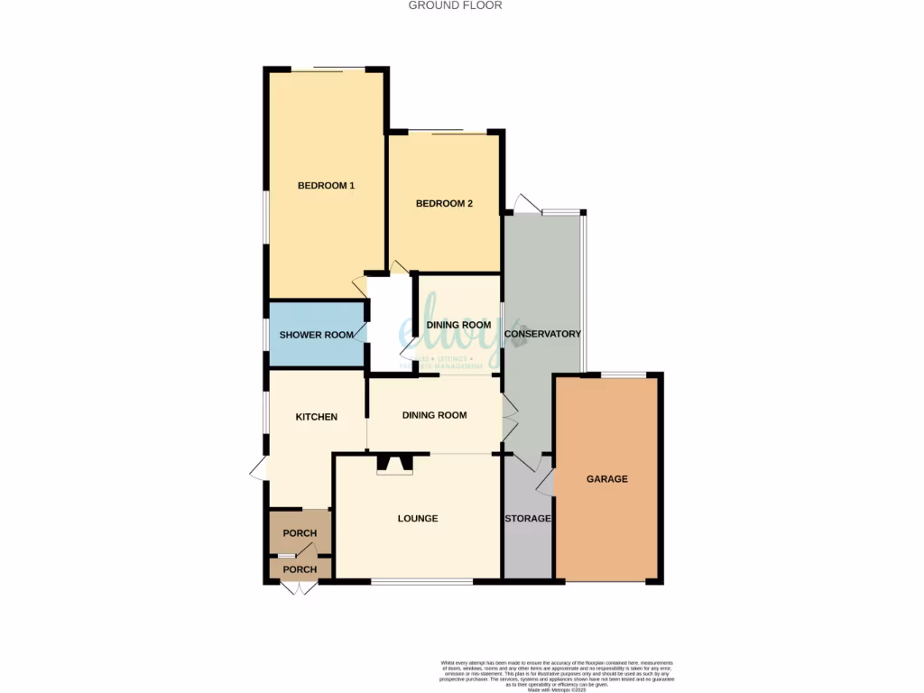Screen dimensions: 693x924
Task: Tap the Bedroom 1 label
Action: pyautogui.click(x=326, y=186)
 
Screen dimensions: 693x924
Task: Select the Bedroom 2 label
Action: pyautogui.click(x=444, y=204)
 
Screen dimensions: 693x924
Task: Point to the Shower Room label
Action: pyautogui.click(x=316, y=336)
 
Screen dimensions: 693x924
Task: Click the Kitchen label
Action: pyautogui.click(x=317, y=417)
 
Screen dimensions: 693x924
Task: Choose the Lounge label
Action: pyautogui.click(x=418, y=519)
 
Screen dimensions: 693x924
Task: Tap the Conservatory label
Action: pyautogui.click(x=542, y=334)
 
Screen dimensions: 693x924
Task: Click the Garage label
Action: pyautogui.click(x=606, y=479)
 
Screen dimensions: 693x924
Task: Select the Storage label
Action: pyautogui.click(x=527, y=519)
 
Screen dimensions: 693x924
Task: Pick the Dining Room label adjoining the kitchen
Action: pyautogui.click(x=434, y=415)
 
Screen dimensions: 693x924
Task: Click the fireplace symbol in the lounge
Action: pyautogui.click(x=394, y=465)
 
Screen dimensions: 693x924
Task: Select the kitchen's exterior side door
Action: pyautogui.click(x=259, y=467)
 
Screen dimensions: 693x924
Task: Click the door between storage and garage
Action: pyautogui.click(x=546, y=484)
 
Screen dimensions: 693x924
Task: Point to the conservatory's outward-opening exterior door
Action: pyautogui.click(x=524, y=203)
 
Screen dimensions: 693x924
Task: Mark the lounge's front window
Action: pyautogui.click(x=421, y=582)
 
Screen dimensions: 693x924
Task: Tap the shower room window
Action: pyautogui.click(x=267, y=335)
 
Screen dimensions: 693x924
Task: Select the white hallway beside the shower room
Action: pyautogui.click(x=388, y=325)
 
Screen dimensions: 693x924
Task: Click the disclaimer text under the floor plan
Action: pyautogui.click(x=558, y=673)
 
